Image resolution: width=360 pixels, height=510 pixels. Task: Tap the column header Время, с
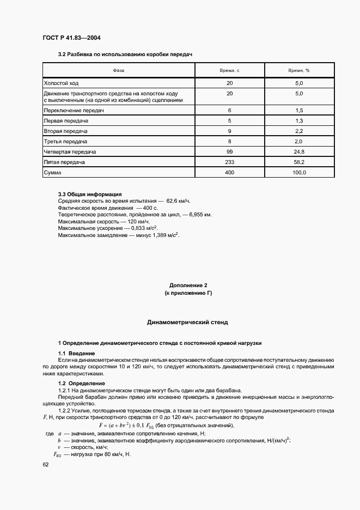pos(229,70)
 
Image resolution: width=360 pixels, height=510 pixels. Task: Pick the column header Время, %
pos(299,70)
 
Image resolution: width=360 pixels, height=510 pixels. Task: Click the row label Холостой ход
pos(62,83)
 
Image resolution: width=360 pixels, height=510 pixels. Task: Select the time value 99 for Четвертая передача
pos(229,151)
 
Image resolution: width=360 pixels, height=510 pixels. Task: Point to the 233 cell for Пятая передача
pos(229,162)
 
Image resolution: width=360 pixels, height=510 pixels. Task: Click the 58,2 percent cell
pos(299,162)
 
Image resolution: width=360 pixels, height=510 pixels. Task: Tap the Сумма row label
pos(53,172)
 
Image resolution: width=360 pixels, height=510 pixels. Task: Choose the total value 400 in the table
pos(229,172)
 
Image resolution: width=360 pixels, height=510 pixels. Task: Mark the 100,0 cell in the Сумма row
pos(299,172)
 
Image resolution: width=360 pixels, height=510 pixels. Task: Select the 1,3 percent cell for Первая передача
pos(299,120)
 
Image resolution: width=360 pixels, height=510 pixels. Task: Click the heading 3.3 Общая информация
pos(90,195)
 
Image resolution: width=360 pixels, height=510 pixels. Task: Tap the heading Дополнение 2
pos(188,286)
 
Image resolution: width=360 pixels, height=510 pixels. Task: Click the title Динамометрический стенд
pos(188,322)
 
